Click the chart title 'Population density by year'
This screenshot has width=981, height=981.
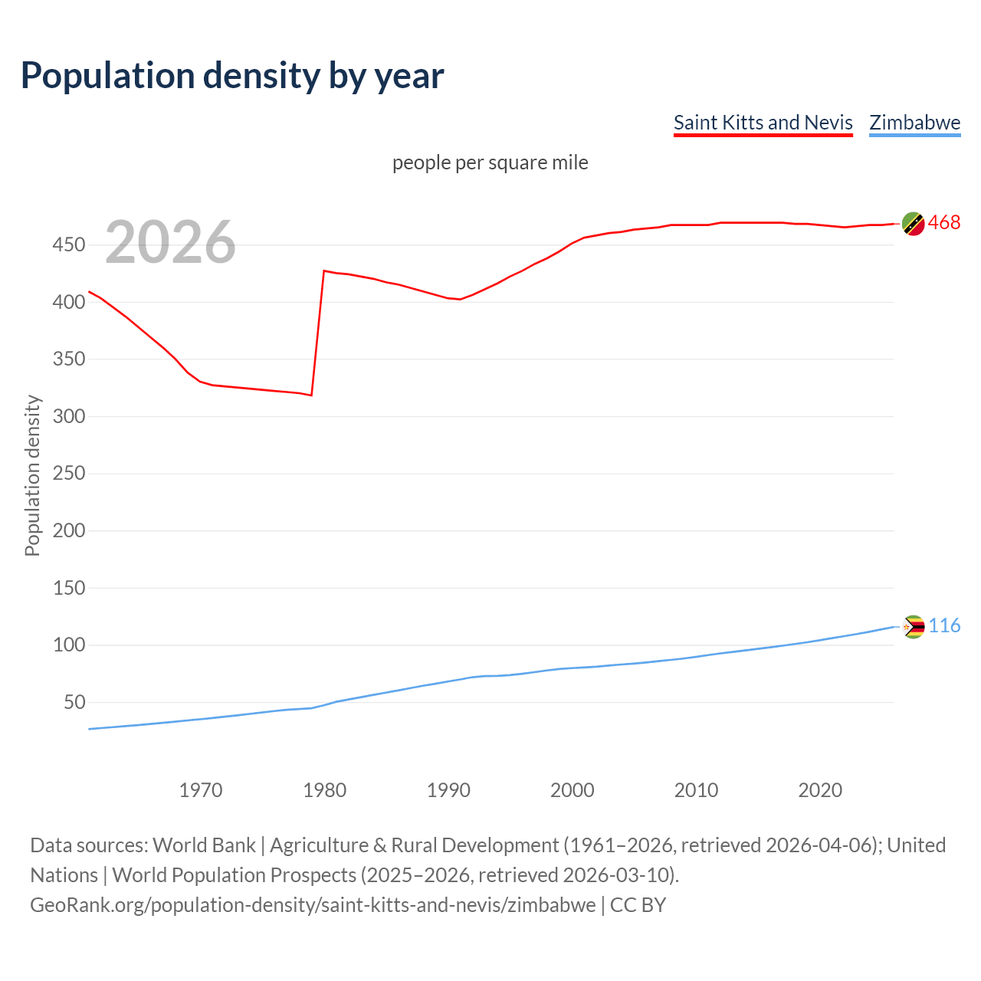[x=232, y=75]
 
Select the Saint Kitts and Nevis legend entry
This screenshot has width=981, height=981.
[x=763, y=123]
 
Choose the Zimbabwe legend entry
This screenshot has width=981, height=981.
[x=914, y=123]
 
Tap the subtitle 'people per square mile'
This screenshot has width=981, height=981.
[x=490, y=162]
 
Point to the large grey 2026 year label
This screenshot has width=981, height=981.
[x=170, y=242]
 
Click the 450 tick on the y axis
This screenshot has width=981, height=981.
[x=68, y=245]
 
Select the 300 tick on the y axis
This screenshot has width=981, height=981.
[x=68, y=416]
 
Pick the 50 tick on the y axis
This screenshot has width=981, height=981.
[x=74, y=702]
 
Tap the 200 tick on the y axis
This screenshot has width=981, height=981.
[x=68, y=530]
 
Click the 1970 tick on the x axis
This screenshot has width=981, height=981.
[x=201, y=790]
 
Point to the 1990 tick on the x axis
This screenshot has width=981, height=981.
[x=448, y=790]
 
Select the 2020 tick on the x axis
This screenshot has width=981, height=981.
[x=820, y=790]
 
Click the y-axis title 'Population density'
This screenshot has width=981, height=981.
[x=32, y=475]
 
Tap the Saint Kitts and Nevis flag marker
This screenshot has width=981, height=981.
[x=913, y=223]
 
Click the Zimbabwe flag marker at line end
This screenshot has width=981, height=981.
[x=913, y=626]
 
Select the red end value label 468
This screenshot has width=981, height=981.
[x=943, y=222]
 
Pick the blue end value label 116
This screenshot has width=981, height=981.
[x=944, y=625]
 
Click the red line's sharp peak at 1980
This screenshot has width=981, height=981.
[x=324, y=271]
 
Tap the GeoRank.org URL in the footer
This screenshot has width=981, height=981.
[x=313, y=904]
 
